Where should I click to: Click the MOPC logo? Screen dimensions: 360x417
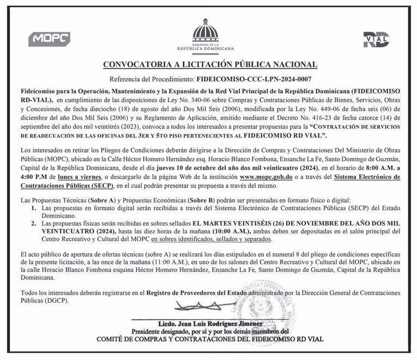click(49, 39)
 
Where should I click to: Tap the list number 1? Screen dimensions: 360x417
click(34, 209)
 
